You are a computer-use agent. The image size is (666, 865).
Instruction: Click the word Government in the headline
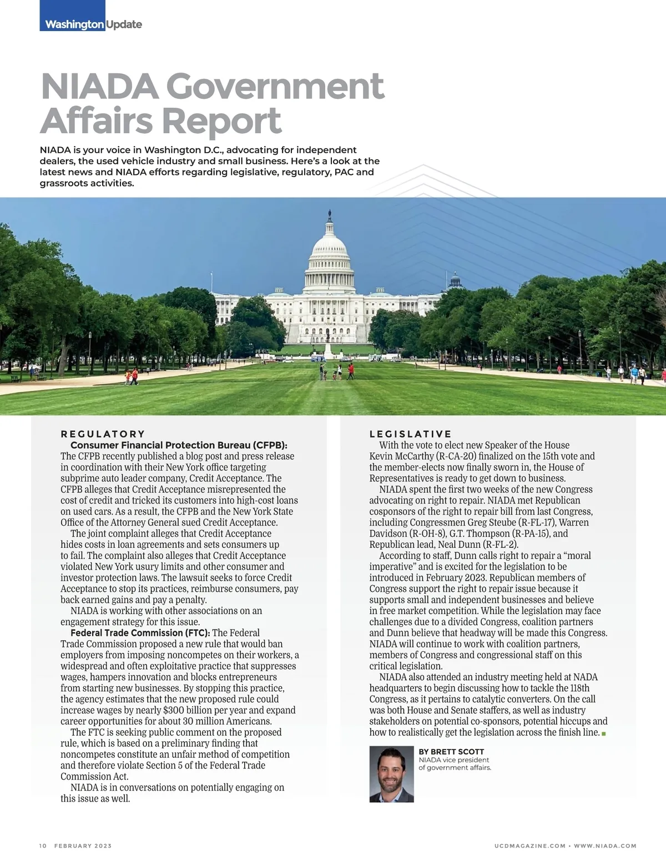coord(275,86)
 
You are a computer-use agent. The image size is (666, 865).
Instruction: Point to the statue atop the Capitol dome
coord(330,214)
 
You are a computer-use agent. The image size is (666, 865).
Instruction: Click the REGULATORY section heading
coord(103,434)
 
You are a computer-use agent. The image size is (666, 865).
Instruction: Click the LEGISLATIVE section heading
coord(411,434)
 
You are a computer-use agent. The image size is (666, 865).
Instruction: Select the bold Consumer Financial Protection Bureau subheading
coord(179,445)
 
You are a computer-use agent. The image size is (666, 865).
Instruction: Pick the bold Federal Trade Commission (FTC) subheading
coord(140,633)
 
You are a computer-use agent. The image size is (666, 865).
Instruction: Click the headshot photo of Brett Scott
coord(391,775)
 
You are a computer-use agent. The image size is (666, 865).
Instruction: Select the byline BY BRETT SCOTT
coord(451,752)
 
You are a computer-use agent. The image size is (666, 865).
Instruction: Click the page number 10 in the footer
coord(43,846)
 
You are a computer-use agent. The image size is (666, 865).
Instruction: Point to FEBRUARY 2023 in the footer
coord(83,846)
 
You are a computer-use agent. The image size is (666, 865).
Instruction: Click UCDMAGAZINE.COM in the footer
coord(529,846)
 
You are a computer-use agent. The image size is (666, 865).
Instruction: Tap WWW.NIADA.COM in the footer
coord(605,846)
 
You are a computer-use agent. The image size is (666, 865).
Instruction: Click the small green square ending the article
coord(604,734)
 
